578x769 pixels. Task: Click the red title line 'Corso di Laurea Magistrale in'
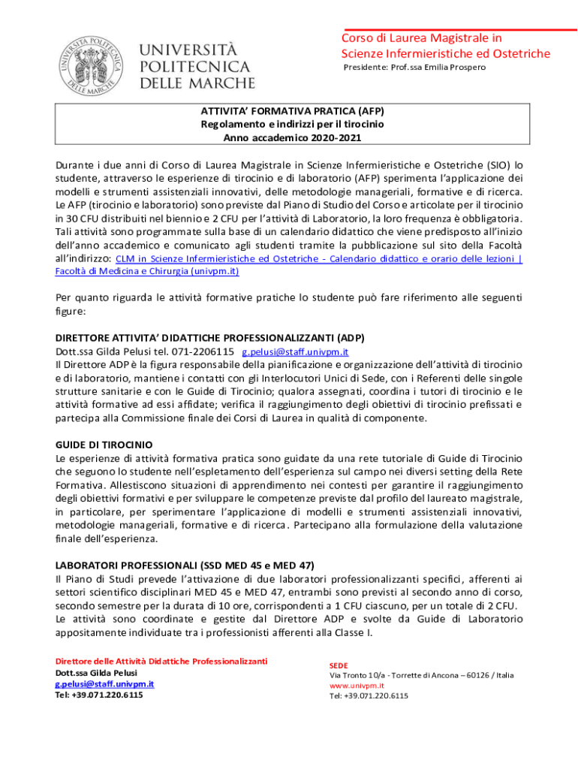pos(421,38)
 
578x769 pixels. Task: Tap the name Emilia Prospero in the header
pos(457,68)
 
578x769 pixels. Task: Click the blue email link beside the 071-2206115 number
pos(294,351)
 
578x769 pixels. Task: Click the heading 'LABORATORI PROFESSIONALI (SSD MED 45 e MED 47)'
pos(185,564)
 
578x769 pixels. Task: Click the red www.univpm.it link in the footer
pos(357,686)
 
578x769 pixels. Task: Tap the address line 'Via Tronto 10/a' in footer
pos(359,675)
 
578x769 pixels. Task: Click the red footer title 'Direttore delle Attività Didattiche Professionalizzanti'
pos(161,661)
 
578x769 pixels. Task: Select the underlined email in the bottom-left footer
pos(105,683)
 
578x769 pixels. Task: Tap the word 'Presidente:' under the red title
pos(364,68)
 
